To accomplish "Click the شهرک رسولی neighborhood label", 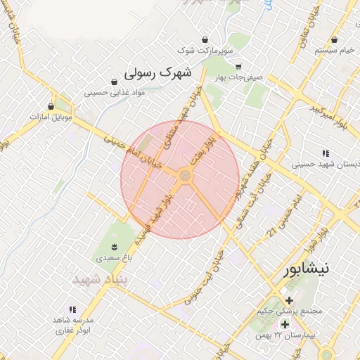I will coord(157,72).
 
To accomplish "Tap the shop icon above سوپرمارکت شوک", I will coord(205,39).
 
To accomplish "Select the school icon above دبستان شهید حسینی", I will coord(325,153).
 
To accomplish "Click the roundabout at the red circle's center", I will coord(186,176).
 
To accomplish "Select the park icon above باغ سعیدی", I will coord(113,245).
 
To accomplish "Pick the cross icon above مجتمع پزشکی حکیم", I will coord(289,300).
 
